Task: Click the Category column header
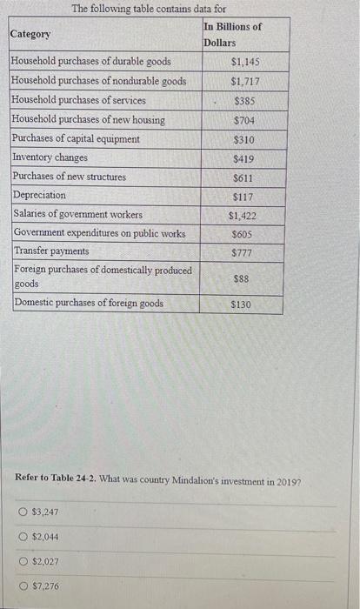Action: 30,34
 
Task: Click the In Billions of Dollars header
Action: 232,34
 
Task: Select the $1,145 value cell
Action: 245,62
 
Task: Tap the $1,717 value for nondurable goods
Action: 245,81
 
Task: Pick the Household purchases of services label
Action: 78,100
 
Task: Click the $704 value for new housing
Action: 244,119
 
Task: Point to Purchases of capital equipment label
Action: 76,138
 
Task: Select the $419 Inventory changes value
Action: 244,158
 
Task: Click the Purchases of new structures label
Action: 70,177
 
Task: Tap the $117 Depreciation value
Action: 244,197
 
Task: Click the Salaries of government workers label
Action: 78,214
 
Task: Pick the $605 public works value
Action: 244,234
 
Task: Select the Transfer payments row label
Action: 51,251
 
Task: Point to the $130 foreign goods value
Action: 242,305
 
